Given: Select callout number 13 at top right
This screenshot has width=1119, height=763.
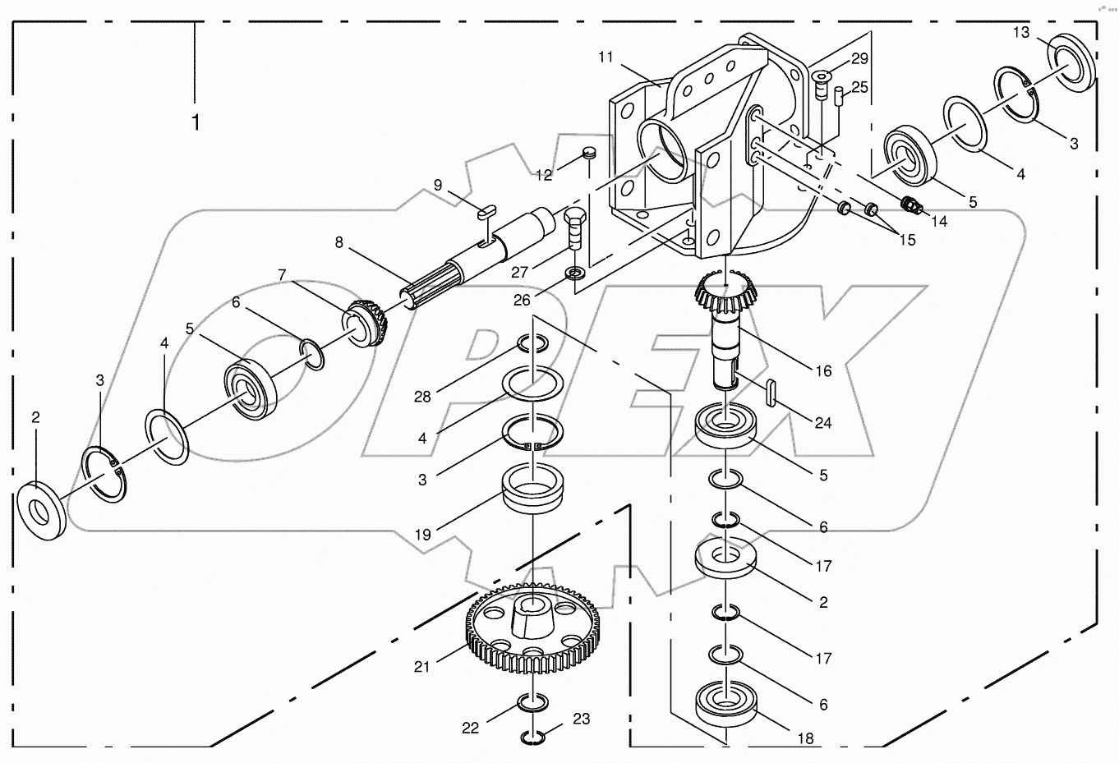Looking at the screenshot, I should click(x=1020, y=33).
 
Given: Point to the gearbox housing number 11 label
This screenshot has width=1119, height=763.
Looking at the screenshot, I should click(x=606, y=57).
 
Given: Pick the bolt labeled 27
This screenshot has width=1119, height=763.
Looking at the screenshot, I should click(x=574, y=226).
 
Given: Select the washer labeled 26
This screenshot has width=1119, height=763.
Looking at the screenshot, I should click(x=573, y=271).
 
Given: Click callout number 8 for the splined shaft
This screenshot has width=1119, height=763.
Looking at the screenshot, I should click(x=338, y=242).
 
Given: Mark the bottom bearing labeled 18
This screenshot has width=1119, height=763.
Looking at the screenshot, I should click(x=726, y=702).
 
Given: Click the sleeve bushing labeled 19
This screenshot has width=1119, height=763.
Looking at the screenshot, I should click(x=532, y=490).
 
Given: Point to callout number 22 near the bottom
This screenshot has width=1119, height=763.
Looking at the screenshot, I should click(x=469, y=728).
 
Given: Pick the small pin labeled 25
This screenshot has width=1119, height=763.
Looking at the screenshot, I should click(x=839, y=96).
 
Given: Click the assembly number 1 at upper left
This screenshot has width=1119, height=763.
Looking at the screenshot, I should click(x=196, y=122).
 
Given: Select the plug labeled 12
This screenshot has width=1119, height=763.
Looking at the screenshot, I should click(x=587, y=152).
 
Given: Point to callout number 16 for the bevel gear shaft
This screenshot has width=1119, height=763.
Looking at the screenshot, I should click(x=823, y=370).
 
